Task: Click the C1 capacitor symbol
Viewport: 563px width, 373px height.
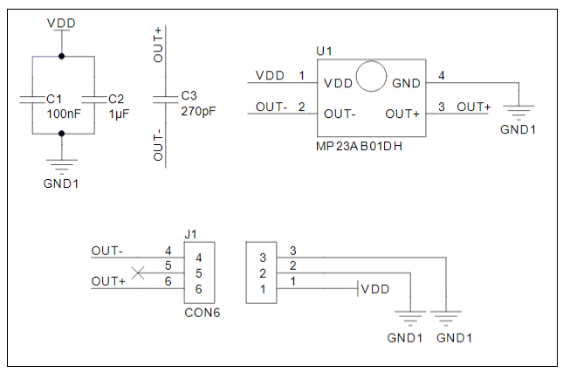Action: click(x=31, y=98)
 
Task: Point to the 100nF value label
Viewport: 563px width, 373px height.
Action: click(x=64, y=114)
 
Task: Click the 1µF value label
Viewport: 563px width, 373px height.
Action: click(x=120, y=114)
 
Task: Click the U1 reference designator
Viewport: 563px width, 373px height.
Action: click(x=324, y=52)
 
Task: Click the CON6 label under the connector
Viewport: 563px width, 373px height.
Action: click(x=202, y=312)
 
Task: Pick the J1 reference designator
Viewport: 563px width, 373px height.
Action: click(x=192, y=234)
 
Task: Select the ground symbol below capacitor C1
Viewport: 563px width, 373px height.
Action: click(x=61, y=164)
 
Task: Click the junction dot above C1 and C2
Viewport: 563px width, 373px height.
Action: click(x=61, y=57)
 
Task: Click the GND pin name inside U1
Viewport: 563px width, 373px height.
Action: click(x=406, y=84)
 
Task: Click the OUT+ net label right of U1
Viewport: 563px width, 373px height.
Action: click(x=474, y=107)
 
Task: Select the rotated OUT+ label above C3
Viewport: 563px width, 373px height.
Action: click(x=158, y=44)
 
